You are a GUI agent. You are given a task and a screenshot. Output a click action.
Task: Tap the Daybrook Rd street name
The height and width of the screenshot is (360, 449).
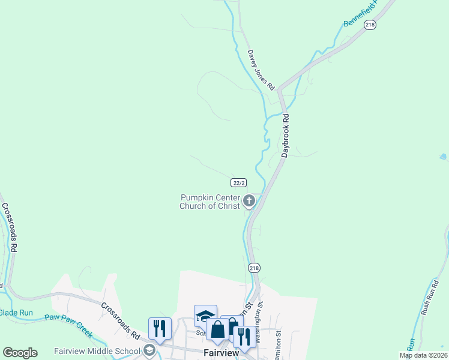[286, 136]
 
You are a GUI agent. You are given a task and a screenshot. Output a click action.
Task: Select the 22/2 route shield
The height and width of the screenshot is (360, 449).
[239, 182]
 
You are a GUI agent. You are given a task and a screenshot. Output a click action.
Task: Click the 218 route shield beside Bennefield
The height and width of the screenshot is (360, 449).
[370, 25]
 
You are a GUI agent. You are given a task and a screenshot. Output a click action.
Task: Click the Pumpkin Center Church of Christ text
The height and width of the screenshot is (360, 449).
[210, 202]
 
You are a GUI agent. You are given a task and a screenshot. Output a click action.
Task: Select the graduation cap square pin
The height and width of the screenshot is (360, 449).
[205, 316]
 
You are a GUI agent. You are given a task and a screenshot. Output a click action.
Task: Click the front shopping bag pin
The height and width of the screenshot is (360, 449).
[217, 329]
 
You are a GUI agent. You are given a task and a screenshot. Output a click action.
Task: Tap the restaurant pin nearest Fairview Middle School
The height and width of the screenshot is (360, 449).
[160, 328]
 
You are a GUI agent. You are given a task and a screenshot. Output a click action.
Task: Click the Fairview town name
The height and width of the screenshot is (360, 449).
[221, 353]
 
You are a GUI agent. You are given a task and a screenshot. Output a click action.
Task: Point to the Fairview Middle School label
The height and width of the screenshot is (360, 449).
[97, 351]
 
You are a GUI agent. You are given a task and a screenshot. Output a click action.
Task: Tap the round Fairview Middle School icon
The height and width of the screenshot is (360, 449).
[149, 350]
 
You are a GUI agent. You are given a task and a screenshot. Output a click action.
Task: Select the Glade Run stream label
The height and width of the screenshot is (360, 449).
[16, 313]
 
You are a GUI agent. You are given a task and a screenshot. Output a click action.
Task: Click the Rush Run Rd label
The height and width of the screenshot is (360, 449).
[428, 298]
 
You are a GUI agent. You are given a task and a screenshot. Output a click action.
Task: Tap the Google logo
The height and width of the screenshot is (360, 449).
[20, 352]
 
